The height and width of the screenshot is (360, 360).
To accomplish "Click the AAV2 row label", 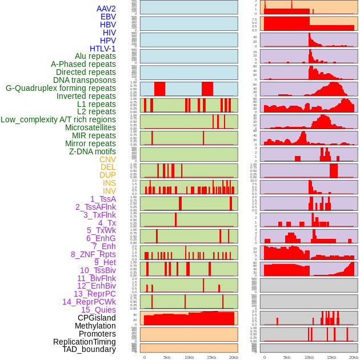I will (106, 9).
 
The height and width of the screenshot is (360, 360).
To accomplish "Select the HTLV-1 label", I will (103, 49).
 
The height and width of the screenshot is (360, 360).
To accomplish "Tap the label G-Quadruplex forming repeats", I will (61, 88).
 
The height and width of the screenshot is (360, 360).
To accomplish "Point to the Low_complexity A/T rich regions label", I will (58, 119).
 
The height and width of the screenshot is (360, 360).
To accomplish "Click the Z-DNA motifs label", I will (93, 151).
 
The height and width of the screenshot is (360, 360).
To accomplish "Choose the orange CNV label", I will (107, 159).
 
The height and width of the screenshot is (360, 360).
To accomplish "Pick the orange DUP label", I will (107, 175).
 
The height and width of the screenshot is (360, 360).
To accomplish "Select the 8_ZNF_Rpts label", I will (93, 254).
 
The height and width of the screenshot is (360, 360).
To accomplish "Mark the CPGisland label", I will (97, 318).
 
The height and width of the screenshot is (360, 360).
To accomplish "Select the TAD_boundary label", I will (89, 349).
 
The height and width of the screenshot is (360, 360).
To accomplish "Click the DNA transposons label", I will (85, 80).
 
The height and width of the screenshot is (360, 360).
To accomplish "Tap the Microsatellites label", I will (90, 127).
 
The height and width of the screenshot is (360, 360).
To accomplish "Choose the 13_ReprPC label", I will (95, 294).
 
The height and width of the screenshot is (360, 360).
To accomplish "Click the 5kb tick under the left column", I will (167, 357).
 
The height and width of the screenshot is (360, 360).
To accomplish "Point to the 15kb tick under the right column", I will (331, 357).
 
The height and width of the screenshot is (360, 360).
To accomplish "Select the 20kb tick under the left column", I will (234, 357).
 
